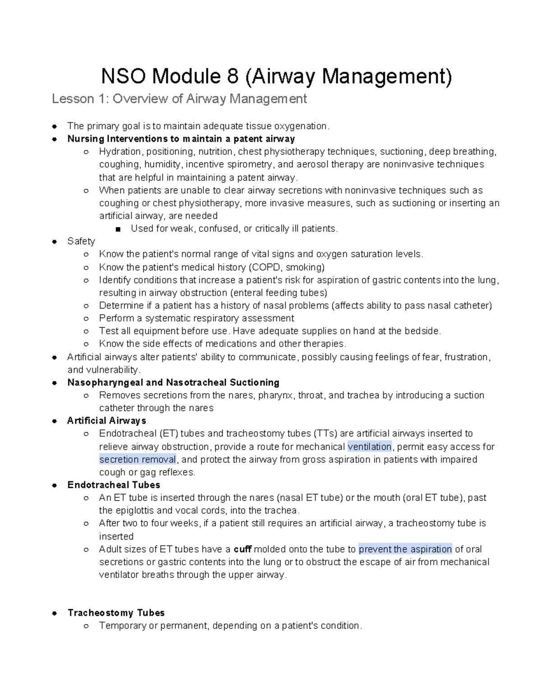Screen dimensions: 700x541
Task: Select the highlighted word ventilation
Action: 370,447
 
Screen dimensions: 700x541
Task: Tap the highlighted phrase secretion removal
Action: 138,459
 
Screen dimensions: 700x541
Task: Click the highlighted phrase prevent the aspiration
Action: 405,549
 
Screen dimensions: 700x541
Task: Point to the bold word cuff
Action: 243,549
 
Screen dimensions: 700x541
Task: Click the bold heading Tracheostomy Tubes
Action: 116,613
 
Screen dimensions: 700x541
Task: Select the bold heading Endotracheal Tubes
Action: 114,485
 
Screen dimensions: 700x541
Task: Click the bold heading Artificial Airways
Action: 106,421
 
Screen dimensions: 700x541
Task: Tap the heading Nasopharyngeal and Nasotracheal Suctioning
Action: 173,383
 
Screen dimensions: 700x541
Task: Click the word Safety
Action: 81,241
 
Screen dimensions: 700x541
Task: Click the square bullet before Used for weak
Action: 118,229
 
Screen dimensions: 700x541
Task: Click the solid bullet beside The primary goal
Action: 54,126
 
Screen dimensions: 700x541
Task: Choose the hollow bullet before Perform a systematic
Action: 86,319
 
